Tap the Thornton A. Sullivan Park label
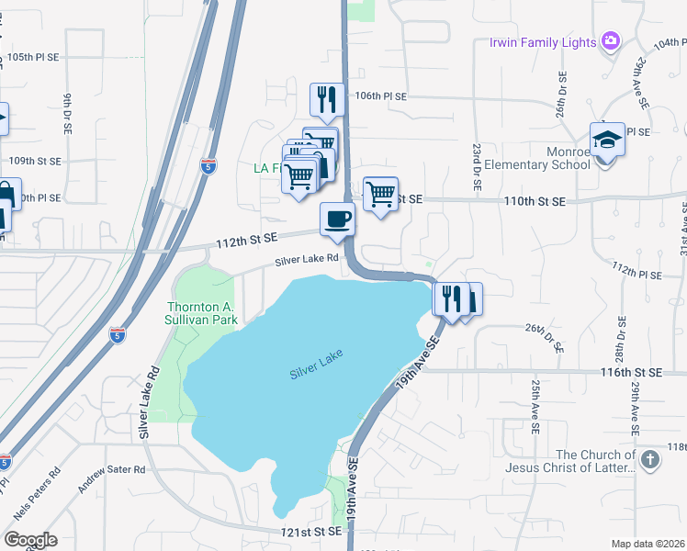(x=202, y=313)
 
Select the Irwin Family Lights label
(x=542, y=42)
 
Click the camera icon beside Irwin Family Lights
(x=610, y=41)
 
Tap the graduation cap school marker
(x=606, y=140)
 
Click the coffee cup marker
(x=337, y=219)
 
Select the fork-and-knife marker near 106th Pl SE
(x=327, y=99)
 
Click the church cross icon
(x=649, y=459)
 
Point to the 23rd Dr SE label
(x=478, y=166)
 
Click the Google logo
(x=30, y=540)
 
